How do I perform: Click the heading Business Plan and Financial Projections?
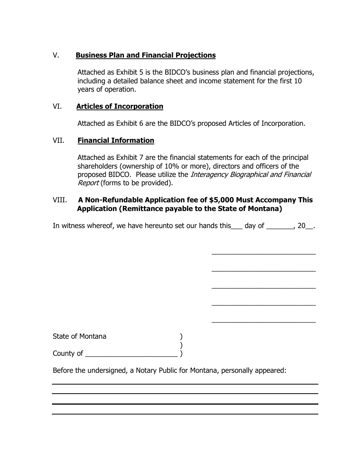(146, 55)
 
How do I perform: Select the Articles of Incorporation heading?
(120, 106)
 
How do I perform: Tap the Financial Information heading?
(116, 141)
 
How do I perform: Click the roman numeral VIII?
(60, 200)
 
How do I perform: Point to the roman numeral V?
(56, 55)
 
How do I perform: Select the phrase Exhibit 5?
(125, 72)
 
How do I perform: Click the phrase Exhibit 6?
(125, 124)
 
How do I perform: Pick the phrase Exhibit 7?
(125, 158)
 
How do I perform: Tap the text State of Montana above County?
(80, 336)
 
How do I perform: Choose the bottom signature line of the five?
(263, 322)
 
